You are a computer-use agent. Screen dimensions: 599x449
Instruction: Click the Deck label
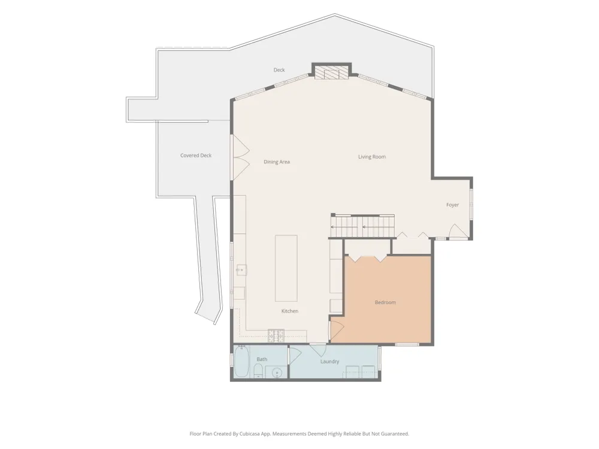tap(279, 70)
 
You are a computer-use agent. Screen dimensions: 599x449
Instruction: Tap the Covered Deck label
tap(196, 156)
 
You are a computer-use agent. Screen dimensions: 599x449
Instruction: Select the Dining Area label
tap(277, 162)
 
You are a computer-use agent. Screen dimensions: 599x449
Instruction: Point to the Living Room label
tap(372, 156)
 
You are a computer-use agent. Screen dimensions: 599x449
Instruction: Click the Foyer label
tap(453, 205)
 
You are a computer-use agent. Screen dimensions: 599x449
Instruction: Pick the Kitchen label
tap(290, 311)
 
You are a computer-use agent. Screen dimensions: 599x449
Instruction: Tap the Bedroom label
tap(385, 302)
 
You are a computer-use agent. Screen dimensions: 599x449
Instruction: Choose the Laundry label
tap(329, 362)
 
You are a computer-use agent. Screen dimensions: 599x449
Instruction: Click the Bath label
tap(262, 359)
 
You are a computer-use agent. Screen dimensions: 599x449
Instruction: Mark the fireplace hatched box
tap(332, 73)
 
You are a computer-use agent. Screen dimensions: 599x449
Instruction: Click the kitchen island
tap(286, 268)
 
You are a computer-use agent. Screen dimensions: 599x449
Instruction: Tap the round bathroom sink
tap(277, 372)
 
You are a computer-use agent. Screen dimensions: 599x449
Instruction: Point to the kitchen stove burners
tap(276, 335)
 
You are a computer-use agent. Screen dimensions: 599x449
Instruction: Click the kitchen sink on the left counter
tap(241, 270)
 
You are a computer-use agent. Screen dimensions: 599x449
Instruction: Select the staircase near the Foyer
tap(363, 227)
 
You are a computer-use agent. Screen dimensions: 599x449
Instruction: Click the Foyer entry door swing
tap(458, 231)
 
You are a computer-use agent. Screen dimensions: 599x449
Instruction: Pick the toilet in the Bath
tap(258, 371)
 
